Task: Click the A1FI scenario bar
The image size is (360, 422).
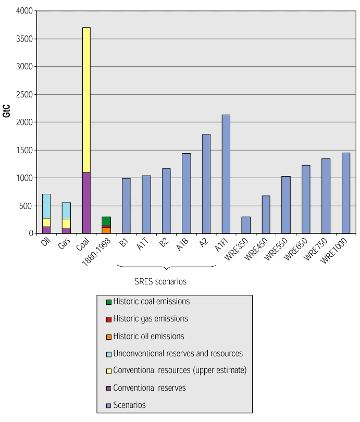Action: [226, 174]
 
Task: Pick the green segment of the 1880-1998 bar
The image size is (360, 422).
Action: [106, 221]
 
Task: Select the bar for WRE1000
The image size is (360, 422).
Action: [346, 193]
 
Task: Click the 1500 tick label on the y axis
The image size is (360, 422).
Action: [26, 151]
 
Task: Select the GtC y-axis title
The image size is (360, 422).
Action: [7, 122]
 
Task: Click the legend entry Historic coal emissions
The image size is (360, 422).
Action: [151, 302]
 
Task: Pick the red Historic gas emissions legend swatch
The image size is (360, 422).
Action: [108, 319]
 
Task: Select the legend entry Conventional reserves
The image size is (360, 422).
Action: [150, 388]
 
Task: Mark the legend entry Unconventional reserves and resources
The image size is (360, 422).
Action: [178, 353]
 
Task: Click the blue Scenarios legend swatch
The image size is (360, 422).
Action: [108, 405]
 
